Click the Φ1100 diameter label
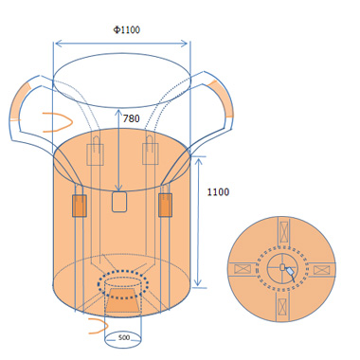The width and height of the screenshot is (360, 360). tap(126, 30)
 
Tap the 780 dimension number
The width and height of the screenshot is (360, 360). tap(131, 118)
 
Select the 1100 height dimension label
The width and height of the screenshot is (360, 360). tap(218, 192)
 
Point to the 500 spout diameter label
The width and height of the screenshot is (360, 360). tap(124, 337)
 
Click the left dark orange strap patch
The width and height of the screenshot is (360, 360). tap(80, 206)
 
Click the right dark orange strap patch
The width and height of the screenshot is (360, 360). tap(165, 205)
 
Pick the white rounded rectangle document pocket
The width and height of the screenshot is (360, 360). tap(119, 202)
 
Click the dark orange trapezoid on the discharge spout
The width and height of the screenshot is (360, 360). tap(122, 300)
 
